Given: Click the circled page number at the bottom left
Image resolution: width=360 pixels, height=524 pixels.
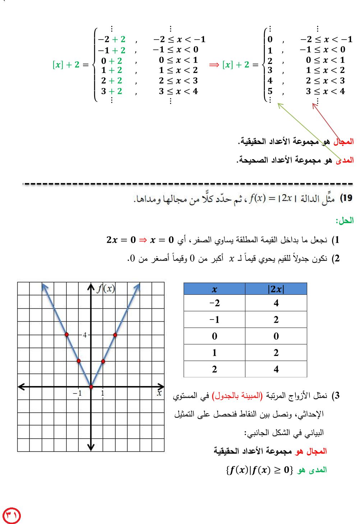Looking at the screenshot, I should click(11, 515).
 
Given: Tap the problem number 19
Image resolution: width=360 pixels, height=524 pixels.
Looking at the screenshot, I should click(346, 198).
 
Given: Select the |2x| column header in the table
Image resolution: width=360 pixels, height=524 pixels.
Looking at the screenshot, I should click(276, 289).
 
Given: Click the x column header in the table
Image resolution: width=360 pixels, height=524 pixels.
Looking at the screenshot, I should click(214, 289).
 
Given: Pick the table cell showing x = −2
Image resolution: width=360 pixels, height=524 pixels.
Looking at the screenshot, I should click(214, 303).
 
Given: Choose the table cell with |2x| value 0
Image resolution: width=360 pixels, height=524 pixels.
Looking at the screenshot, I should click(276, 336).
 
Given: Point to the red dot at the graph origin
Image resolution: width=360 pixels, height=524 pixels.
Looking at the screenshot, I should click(91, 387).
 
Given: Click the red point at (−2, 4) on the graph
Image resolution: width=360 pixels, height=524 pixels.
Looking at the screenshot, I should click(67, 335).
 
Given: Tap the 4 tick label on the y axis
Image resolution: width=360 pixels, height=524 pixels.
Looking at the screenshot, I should click(85, 335).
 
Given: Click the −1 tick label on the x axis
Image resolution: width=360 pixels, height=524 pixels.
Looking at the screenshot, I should click(77, 393).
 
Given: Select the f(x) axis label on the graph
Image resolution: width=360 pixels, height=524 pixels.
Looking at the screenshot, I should click(106, 288).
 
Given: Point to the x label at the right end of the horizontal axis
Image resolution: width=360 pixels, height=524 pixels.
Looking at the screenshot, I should click(159, 393).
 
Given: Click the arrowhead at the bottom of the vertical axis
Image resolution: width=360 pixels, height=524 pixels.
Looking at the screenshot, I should click(91, 447).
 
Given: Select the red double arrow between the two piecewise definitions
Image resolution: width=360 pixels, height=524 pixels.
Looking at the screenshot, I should click(214, 65).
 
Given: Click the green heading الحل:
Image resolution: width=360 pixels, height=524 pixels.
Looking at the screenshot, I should click(345, 220).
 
